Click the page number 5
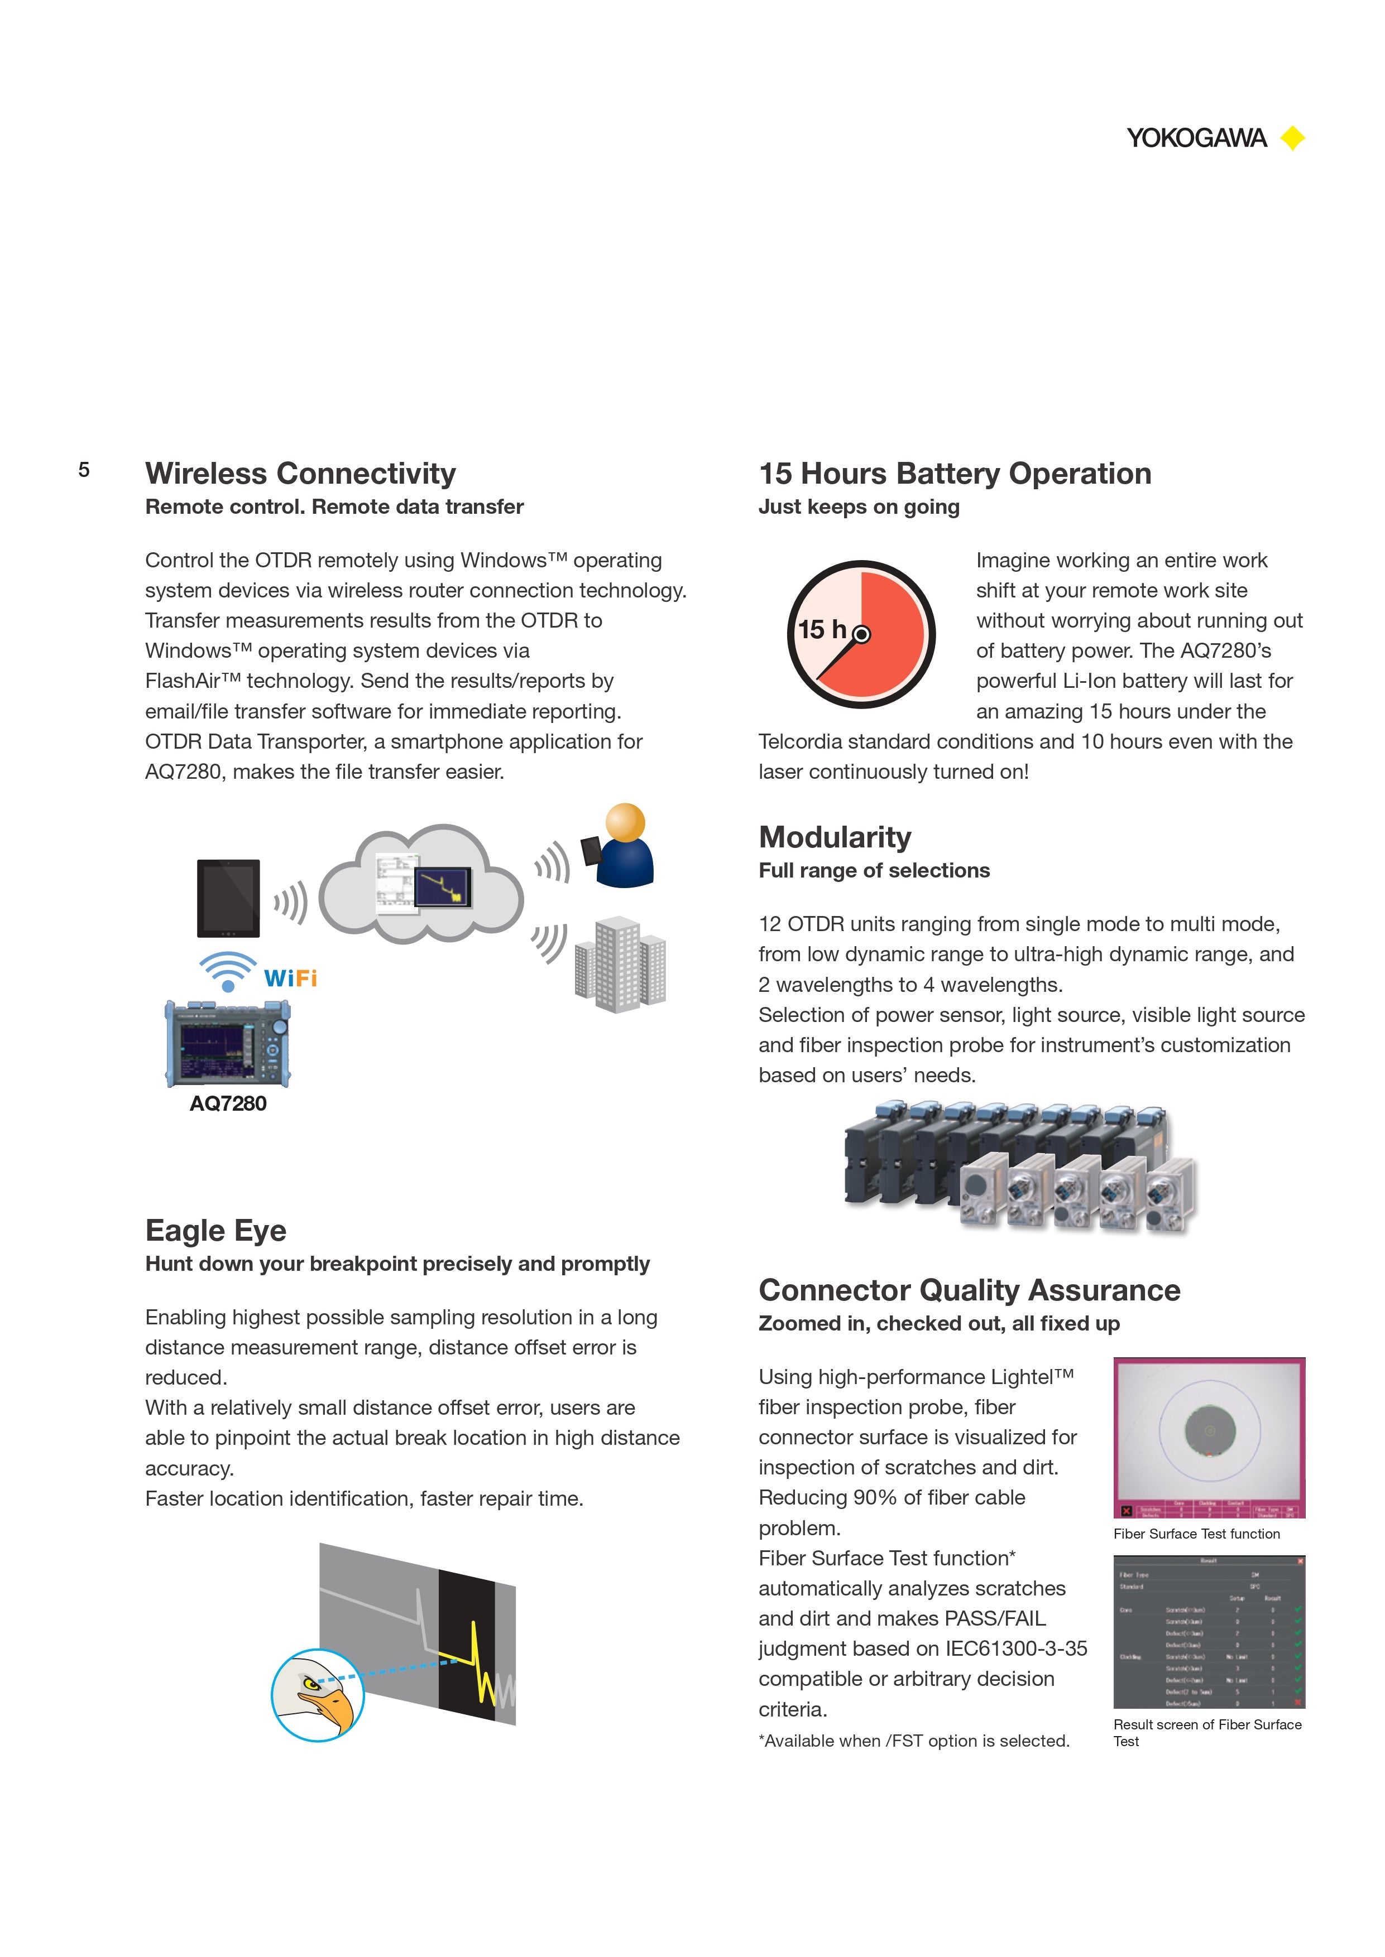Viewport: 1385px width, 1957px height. coord(84,470)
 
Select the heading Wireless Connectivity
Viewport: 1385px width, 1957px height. coord(300,473)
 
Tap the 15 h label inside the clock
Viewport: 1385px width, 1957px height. coord(821,630)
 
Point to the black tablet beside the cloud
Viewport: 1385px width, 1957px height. coord(228,898)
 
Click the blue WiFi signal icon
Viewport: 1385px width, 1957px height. coord(228,971)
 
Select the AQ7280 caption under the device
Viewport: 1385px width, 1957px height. coord(228,1104)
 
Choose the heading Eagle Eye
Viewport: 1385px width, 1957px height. coord(216,1230)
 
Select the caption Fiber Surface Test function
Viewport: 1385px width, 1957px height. coord(1196,1534)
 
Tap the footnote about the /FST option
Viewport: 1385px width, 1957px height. coord(913,1741)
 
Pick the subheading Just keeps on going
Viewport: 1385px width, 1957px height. coord(859,507)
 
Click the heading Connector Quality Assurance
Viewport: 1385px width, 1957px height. coord(969,1290)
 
